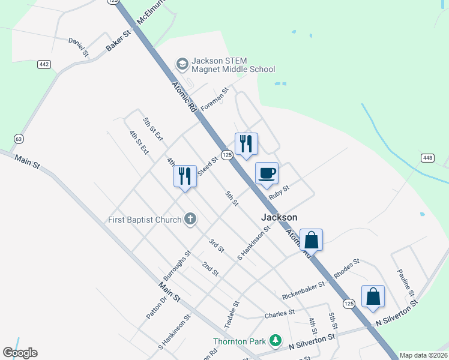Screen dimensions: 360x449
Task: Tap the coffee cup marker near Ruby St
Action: [267, 174]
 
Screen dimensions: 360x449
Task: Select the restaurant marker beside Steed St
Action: [185, 176]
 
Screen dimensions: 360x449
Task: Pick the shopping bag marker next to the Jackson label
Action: [312, 240]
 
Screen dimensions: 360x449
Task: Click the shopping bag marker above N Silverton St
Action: [373, 296]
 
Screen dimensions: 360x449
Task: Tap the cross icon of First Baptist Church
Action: [190, 219]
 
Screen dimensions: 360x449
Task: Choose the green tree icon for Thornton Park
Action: [275, 341]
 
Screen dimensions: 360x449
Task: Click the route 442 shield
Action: [44, 64]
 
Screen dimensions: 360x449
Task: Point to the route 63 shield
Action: [19, 139]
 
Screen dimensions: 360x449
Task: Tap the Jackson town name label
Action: [279, 217]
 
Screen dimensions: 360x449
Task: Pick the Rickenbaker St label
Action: [303, 290]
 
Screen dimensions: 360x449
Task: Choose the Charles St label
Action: [279, 314]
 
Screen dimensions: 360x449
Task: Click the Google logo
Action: [20, 353]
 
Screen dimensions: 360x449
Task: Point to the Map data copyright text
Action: [423, 355]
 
